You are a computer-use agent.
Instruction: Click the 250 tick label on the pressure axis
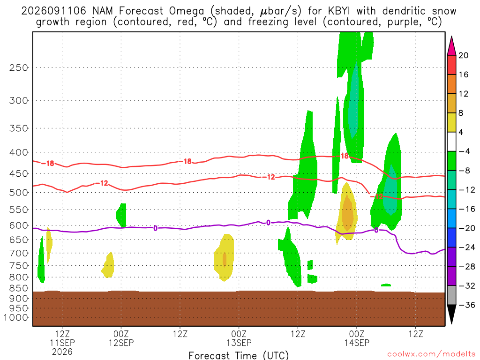18,67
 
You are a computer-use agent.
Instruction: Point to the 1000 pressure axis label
15,318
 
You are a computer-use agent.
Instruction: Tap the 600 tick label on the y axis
18,225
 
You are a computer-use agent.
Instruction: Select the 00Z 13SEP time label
239,338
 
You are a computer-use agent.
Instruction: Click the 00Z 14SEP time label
357,338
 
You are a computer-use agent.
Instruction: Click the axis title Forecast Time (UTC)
239,355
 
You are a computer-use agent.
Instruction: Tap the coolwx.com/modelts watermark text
431,354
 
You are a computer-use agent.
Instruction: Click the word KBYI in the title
340,11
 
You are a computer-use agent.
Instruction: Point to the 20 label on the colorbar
463,55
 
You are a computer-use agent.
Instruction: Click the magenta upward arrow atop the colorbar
451,45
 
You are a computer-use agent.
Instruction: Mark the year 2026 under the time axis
62,352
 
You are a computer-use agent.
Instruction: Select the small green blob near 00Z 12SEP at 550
122,215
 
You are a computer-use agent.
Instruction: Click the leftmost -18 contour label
48,164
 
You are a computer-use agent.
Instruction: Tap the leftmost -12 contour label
102,183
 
